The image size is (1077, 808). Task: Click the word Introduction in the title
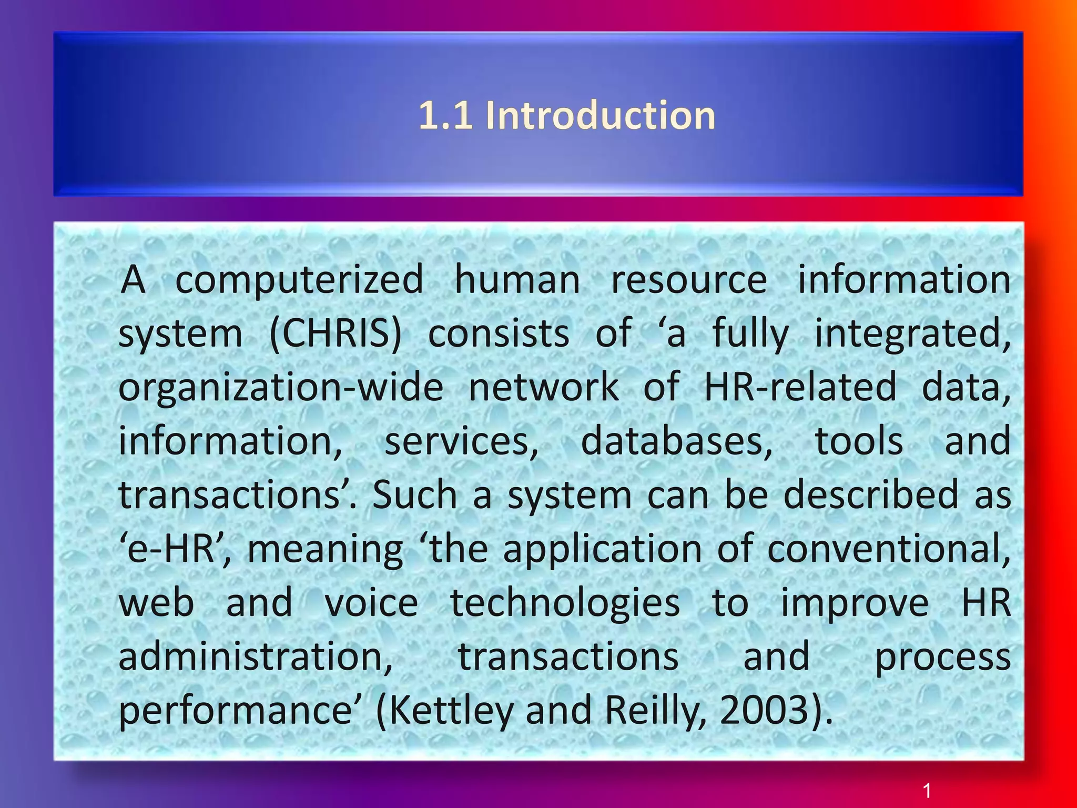click(x=601, y=115)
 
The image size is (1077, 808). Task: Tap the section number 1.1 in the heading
click(x=445, y=115)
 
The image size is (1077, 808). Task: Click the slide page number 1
click(x=927, y=790)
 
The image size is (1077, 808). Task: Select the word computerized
click(x=299, y=279)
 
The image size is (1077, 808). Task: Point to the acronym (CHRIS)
click(x=335, y=334)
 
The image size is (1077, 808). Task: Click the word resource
click(x=689, y=279)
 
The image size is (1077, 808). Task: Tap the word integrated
click(x=912, y=334)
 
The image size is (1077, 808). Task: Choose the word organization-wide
click(x=281, y=387)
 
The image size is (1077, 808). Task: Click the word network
click(x=544, y=387)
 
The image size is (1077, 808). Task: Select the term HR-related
click(x=800, y=387)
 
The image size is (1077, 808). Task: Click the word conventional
click(x=889, y=549)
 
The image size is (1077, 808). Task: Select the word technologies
click(x=565, y=603)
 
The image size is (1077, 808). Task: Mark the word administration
click(x=256, y=656)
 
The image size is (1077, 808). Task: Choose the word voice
click(x=371, y=603)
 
